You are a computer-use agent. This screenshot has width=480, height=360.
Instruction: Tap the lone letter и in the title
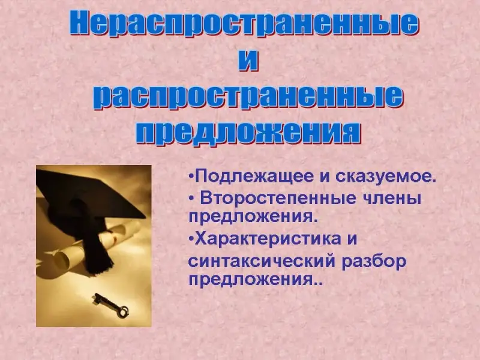tap(248, 61)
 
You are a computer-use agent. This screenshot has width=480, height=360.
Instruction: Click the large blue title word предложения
tap(248, 132)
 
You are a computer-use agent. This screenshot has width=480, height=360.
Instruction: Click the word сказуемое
tap(386, 176)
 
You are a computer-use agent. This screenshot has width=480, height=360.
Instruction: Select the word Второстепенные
tap(278, 198)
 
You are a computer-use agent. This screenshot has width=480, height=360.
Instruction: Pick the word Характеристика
tap(268, 238)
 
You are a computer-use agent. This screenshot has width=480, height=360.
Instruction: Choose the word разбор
tap(374, 262)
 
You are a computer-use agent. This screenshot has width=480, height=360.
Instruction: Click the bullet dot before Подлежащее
tap(191, 176)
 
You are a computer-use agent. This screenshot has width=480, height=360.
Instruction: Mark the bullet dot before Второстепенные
tap(191, 199)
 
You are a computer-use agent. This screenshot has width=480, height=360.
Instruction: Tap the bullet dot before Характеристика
tap(191, 238)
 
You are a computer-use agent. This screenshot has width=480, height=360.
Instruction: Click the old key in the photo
tap(111, 305)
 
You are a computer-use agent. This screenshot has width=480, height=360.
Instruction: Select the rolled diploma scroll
tap(92, 245)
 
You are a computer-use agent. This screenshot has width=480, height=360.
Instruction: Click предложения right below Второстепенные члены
tap(251, 217)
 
